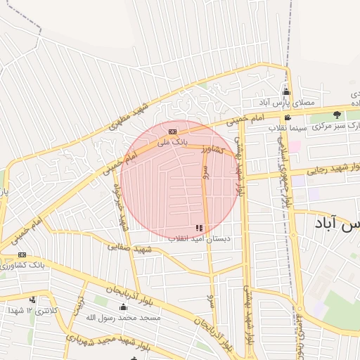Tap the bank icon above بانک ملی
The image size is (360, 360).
click(172, 131)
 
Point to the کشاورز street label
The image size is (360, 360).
click(212, 148)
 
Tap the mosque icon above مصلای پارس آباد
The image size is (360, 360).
click(286, 92)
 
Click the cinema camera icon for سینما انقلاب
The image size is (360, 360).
click(287, 117)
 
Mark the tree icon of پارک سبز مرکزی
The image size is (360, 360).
click(337, 115)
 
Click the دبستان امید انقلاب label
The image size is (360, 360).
click(200, 239)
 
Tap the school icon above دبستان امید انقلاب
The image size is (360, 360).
click(200, 228)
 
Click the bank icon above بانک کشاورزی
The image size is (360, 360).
click(22, 255)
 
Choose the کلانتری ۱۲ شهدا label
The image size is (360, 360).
click(32, 310)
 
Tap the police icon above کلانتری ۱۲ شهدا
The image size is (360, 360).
click(32, 300)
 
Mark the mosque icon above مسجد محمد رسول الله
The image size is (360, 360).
click(123, 307)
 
